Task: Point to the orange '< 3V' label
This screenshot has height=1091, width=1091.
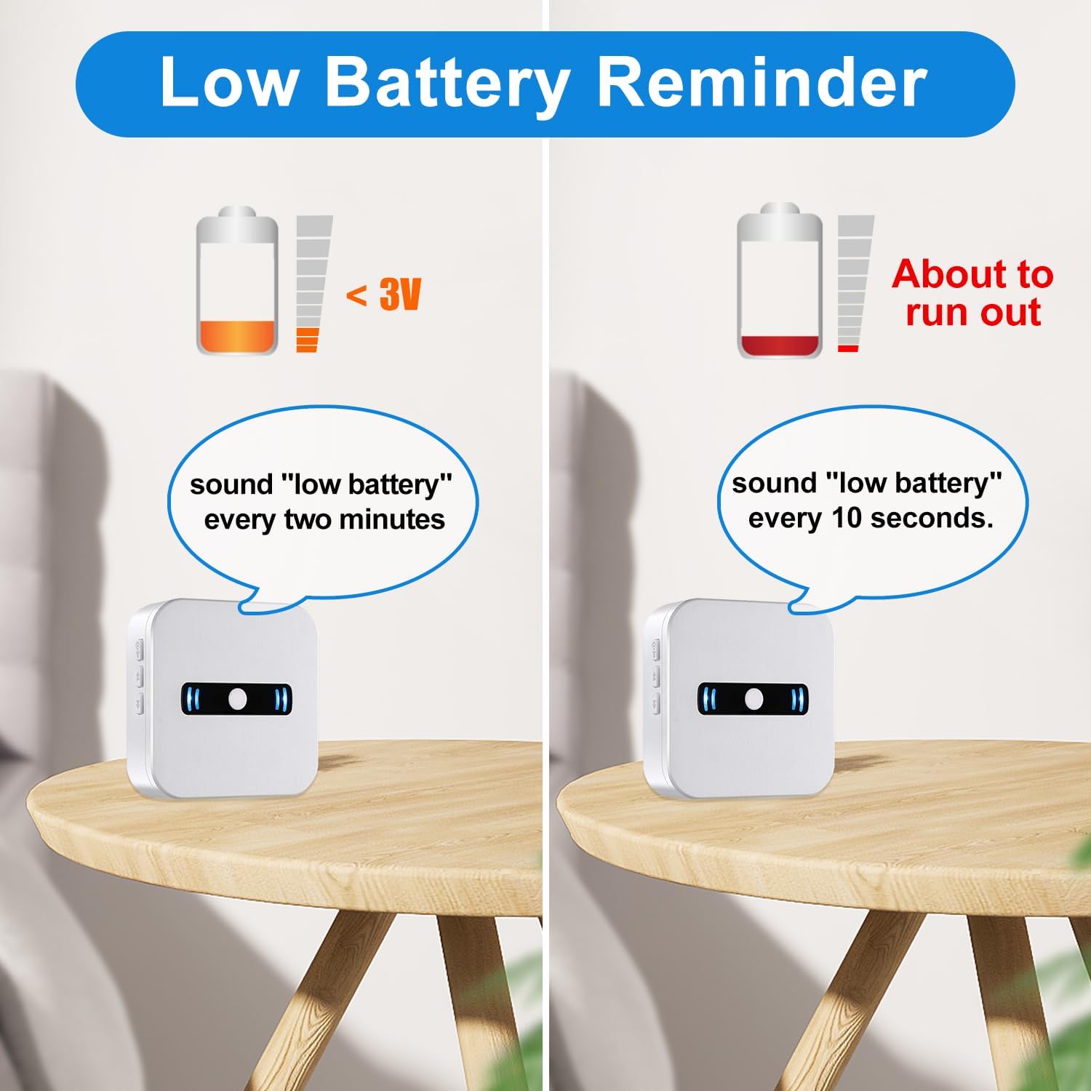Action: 383,295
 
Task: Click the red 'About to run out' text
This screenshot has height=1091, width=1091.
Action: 972,292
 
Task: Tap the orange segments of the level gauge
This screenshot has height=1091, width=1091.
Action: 308,340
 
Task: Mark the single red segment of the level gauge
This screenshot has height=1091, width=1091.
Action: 848,349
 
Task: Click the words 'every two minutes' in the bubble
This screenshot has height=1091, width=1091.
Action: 324,520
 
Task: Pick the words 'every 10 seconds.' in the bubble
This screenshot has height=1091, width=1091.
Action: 870,518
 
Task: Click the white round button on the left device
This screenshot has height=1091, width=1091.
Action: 237,698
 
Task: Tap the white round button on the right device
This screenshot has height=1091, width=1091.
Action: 754,699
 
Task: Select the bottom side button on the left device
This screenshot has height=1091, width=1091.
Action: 139,703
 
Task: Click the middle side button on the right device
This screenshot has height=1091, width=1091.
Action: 656,676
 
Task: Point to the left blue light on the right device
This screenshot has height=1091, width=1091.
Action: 709,699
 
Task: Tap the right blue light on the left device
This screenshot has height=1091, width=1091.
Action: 281,699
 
